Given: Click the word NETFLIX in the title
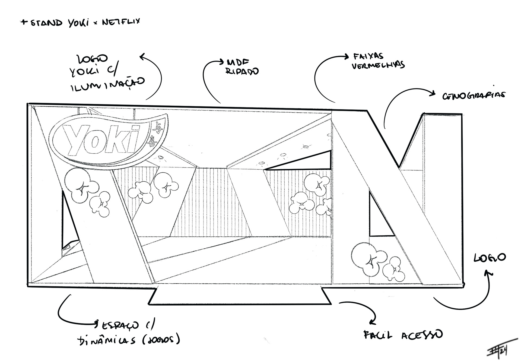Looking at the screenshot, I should (x=121, y=22).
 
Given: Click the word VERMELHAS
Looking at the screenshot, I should (x=378, y=65).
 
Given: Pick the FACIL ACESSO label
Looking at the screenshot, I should (x=403, y=335).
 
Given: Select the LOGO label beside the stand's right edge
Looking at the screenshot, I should (x=490, y=258).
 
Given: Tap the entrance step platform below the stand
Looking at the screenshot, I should (x=240, y=296).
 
